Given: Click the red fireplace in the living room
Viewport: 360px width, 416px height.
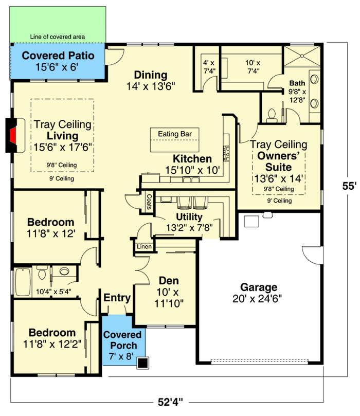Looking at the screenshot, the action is [13, 135].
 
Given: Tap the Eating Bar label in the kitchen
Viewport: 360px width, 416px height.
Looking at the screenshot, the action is [174, 134].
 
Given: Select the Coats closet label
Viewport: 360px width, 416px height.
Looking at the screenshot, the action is [149, 202].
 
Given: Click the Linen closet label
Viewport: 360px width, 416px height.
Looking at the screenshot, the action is [144, 246].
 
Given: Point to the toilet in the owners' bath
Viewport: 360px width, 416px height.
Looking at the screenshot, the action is [272, 116].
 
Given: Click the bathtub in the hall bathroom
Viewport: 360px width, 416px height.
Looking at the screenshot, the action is [23, 282].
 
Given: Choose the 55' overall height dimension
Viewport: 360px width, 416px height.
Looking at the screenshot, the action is [349, 186].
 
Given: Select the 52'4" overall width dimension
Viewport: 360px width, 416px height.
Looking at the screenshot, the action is [170, 402].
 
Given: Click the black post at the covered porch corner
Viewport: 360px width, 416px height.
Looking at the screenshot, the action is [143, 363].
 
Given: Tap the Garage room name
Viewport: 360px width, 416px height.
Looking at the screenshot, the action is [259, 287].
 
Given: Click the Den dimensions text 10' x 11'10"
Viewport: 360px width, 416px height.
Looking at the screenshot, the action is [169, 298].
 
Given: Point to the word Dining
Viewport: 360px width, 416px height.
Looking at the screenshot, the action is [150, 75].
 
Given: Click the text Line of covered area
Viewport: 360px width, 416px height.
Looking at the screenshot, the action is [57, 37].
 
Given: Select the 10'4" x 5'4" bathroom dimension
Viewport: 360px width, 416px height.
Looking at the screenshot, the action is [53, 292].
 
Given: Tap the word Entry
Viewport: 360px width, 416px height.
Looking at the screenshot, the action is [117, 298].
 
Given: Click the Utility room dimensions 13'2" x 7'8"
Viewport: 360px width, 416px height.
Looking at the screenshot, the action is [189, 228].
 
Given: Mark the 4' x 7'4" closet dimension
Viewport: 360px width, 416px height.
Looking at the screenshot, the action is [209, 67].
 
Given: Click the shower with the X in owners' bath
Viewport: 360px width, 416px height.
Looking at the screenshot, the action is [302, 56].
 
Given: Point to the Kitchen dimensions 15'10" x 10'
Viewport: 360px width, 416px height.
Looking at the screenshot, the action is [193, 170].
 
